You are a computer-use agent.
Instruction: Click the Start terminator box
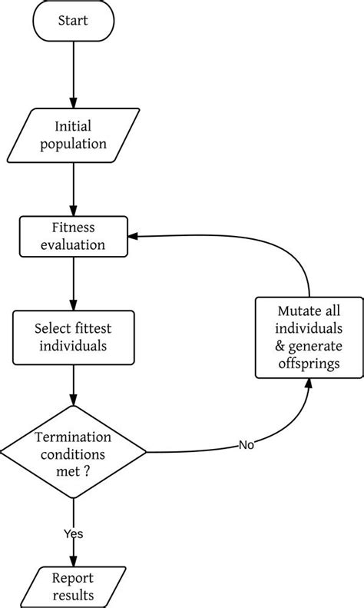click(x=74, y=22)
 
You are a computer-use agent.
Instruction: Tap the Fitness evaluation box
click(x=74, y=238)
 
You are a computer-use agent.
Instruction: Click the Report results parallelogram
click(x=74, y=587)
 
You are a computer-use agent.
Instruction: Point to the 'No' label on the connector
click(x=247, y=445)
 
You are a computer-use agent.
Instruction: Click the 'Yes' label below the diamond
click(x=74, y=533)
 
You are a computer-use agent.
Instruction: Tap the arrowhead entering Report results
click(x=74, y=563)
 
